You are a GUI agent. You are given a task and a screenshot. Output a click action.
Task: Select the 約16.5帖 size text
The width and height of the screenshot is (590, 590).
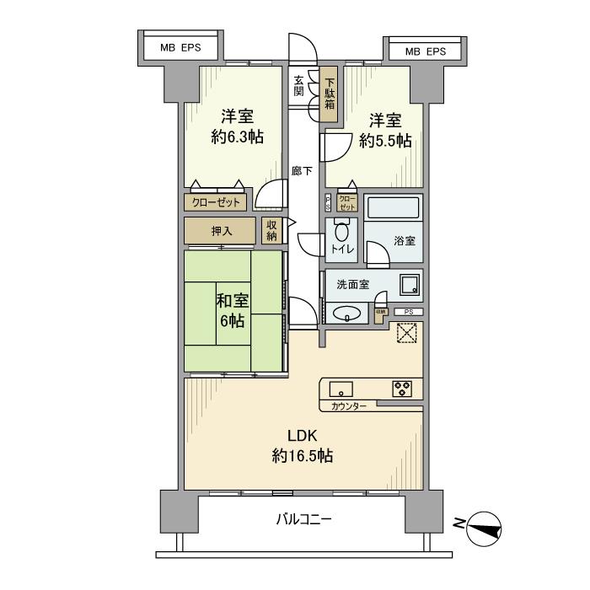click(x=302, y=456)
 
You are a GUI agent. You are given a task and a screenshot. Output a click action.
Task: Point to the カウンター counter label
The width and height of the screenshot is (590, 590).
click(x=348, y=407)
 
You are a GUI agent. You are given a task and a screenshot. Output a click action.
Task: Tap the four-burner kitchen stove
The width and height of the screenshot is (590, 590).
click(x=402, y=389)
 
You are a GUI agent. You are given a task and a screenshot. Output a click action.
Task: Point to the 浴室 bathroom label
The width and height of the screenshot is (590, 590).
click(x=405, y=240)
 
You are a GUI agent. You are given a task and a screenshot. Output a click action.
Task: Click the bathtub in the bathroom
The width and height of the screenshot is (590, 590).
click(x=392, y=207)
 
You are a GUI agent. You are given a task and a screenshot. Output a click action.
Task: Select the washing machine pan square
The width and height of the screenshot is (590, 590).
click(x=410, y=285)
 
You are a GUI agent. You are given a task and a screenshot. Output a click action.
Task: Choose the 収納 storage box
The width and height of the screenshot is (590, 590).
click(x=271, y=229)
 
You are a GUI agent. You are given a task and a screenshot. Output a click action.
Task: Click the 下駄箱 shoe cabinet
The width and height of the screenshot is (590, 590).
click(x=330, y=94)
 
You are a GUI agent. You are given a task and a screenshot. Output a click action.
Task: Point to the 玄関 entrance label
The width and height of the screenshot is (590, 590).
click(x=299, y=86)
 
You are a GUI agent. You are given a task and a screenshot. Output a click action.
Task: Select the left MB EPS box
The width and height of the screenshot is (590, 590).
click(x=180, y=48)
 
